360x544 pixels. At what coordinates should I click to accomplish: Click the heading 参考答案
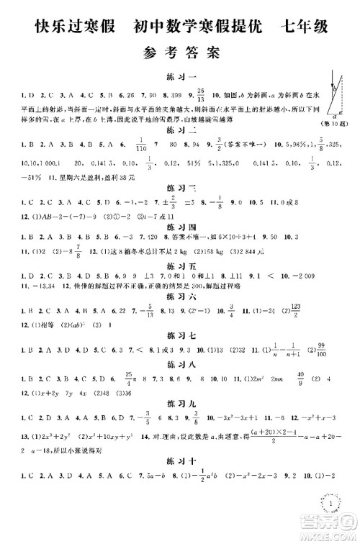point(180,52)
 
